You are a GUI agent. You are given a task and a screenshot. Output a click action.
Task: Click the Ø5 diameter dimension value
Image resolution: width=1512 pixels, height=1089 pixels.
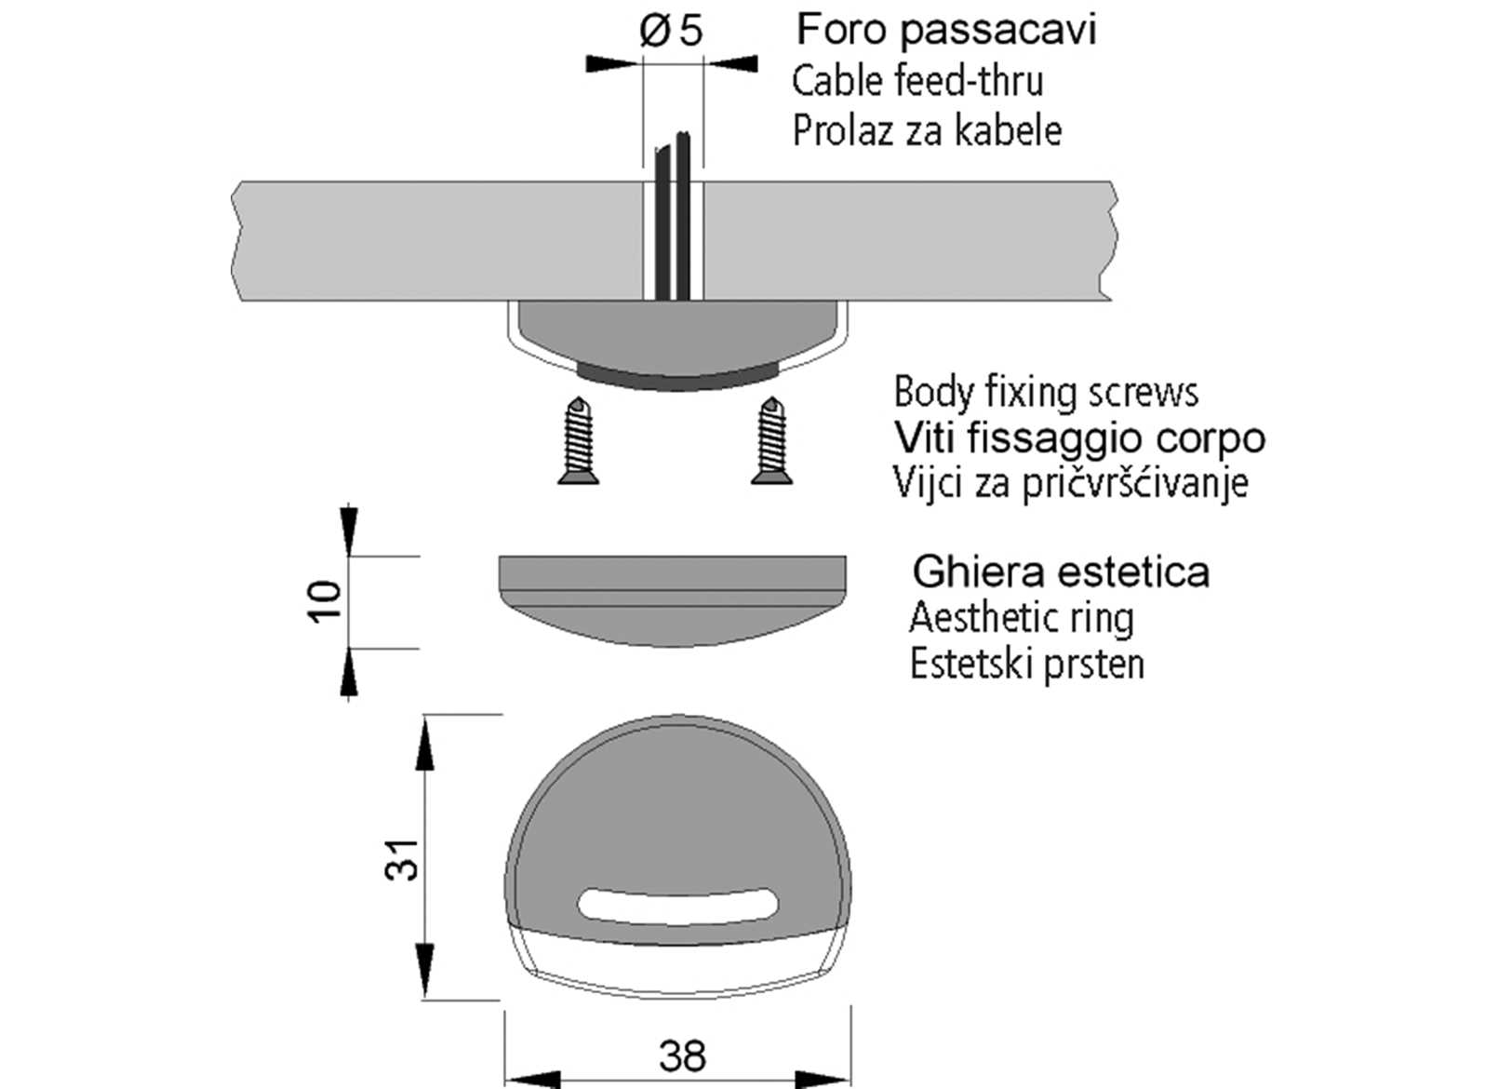671,31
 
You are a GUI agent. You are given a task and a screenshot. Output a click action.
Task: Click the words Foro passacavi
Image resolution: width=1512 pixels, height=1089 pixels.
946,30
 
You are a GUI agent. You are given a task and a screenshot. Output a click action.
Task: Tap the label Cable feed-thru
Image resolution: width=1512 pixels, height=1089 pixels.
917,81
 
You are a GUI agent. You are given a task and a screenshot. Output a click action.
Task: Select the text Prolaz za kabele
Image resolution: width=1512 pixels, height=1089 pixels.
927,130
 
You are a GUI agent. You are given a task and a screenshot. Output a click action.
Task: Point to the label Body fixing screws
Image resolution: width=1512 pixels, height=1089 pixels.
1045,392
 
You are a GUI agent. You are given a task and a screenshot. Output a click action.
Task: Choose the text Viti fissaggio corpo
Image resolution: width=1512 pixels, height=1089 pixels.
1079,437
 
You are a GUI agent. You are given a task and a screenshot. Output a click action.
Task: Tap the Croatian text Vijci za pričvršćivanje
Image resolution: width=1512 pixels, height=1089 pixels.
1070,483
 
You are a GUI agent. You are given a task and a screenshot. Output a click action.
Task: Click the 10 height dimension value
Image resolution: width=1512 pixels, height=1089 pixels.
325,601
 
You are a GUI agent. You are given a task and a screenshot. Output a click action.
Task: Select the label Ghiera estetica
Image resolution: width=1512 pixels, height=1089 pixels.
1061,571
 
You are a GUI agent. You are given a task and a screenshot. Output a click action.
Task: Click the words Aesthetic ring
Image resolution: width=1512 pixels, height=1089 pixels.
1021,618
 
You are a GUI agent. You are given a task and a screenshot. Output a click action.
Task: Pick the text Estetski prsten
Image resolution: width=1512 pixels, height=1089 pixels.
1026,665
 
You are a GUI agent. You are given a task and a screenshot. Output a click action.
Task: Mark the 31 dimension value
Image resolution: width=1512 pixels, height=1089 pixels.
403,858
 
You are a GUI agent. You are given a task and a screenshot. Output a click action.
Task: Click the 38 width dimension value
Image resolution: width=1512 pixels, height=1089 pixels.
682,1056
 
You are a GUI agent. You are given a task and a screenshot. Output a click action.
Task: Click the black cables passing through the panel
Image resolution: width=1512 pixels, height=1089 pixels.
672,223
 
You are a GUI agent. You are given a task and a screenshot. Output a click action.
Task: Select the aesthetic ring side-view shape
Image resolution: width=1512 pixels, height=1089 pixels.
672,600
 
